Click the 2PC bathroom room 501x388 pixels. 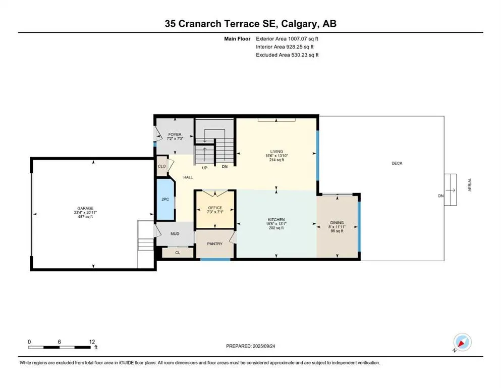pos(164,200)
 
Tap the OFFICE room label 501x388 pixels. pos(215,208)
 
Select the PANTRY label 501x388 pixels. pos(215,244)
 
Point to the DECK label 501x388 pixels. pos(397,163)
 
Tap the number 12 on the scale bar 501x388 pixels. pos(91,342)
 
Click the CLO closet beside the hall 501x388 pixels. pos(162,166)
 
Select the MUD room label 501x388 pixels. pos(175,234)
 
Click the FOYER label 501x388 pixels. pos(174,135)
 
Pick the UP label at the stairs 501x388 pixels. pos(204,167)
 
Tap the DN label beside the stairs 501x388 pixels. pos(225,167)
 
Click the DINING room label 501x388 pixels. pos(337,222)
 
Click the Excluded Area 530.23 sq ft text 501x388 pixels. pos(288,55)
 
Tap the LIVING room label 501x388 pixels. pos(276,152)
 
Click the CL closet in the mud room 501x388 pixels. pos(177,253)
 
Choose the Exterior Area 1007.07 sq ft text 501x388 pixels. pos(288,38)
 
